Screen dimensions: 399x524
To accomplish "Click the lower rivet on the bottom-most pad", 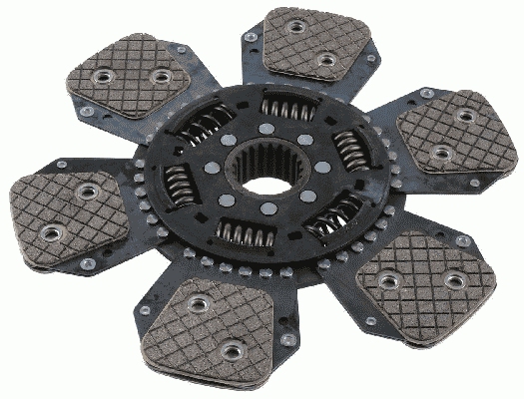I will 232,349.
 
